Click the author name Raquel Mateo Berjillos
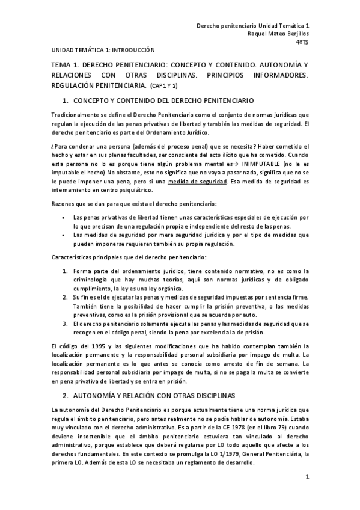pos(278,34)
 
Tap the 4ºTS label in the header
pos(303,42)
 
